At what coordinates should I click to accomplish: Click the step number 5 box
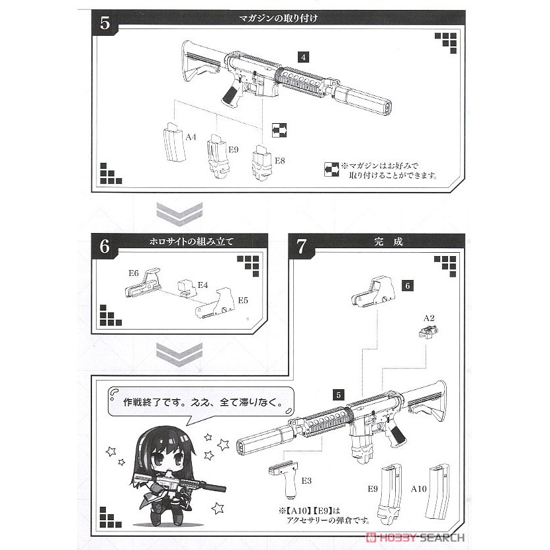click(x=105, y=22)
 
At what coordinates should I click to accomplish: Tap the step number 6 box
click(x=105, y=246)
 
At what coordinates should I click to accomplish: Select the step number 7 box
click(x=301, y=246)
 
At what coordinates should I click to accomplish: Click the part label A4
click(x=191, y=137)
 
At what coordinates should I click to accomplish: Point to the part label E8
click(x=279, y=161)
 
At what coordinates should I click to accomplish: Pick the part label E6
click(x=134, y=273)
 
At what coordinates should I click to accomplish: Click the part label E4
click(x=203, y=286)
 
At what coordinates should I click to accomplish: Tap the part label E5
click(x=243, y=300)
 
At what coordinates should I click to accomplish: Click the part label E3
click(x=305, y=479)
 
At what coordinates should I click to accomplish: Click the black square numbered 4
click(x=303, y=57)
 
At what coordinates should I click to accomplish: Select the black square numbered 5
click(x=339, y=395)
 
